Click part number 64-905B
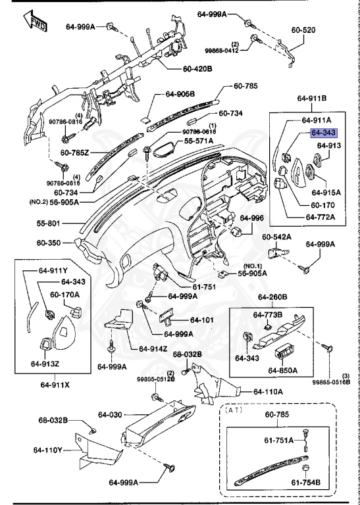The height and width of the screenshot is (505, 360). coord(180,94)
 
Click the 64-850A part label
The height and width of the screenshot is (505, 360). coord(283,370)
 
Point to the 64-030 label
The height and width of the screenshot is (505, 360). coord(111,414)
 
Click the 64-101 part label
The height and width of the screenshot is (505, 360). coord(203,320)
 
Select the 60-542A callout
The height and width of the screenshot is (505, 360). coord(276,236)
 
